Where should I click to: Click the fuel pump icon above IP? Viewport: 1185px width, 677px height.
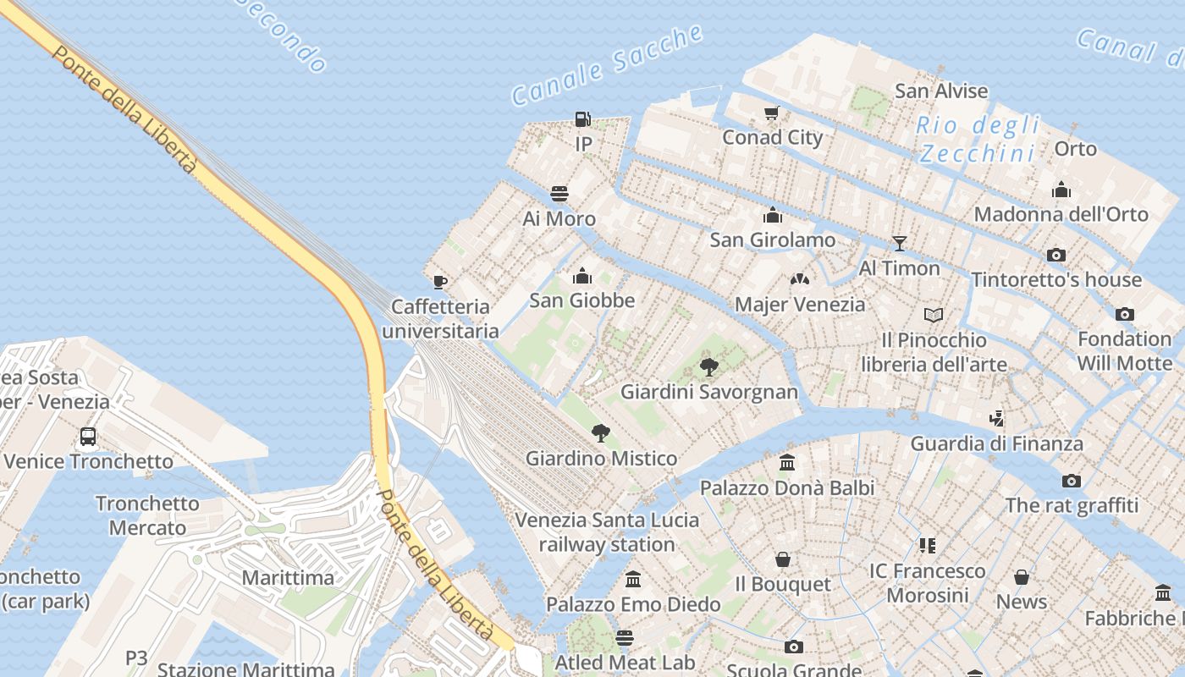[x=582, y=119]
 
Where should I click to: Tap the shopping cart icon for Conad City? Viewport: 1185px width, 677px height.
[x=771, y=113]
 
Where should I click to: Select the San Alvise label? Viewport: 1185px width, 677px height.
[x=941, y=91]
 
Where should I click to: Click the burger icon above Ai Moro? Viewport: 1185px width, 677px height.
[x=559, y=194]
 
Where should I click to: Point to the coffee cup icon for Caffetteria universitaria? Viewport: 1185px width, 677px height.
[x=439, y=282]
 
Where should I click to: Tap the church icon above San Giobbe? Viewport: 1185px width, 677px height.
[x=581, y=276]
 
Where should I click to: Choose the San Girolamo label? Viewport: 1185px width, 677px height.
[x=772, y=239]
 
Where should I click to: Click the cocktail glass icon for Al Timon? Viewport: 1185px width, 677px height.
[x=899, y=244]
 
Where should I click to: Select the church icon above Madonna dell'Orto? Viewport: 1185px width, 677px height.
[x=1061, y=190]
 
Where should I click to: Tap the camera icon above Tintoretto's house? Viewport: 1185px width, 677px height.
[x=1055, y=255]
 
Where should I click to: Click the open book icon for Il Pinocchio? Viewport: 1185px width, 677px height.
[x=933, y=316]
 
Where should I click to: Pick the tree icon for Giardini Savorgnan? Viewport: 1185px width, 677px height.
[x=708, y=367]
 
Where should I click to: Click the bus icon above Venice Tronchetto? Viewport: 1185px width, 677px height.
[x=88, y=437]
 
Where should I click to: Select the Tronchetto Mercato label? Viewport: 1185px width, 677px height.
[x=147, y=515]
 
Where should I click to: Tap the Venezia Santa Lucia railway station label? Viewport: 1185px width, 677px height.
[x=607, y=531]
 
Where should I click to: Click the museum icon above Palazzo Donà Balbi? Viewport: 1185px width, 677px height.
[x=787, y=463]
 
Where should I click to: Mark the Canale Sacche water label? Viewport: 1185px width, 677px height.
[x=607, y=66]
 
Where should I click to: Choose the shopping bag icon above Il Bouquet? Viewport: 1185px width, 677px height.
[x=783, y=559]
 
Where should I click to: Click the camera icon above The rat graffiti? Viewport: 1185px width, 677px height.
[x=1071, y=482]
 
